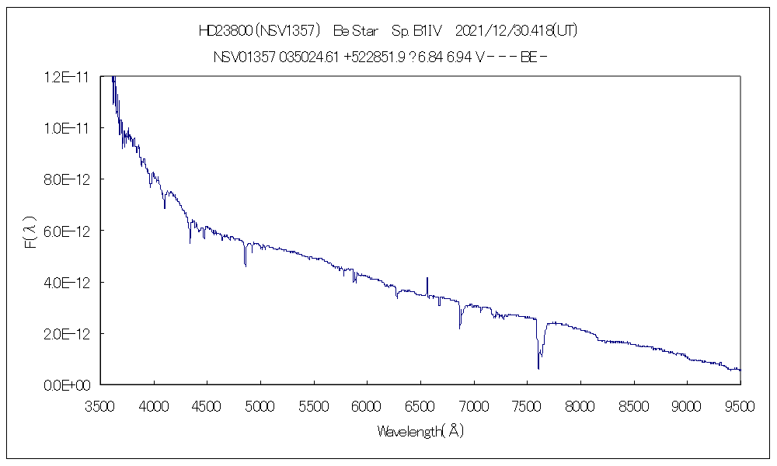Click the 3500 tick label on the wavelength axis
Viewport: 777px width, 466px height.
click(x=100, y=405)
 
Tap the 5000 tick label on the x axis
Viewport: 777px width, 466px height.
click(x=260, y=405)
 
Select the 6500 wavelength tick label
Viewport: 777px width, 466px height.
click(x=420, y=405)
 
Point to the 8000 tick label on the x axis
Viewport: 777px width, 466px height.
click(x=580, y=405)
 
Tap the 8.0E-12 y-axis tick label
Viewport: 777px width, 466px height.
click(x=68, y=179)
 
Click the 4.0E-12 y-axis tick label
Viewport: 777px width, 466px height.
click(x=68, y=282)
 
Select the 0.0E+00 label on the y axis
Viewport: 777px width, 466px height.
click(x=69, y=384)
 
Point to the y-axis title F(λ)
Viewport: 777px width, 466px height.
click(x=30, y=231)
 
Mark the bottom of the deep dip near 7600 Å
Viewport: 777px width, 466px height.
click(x=538, y=367)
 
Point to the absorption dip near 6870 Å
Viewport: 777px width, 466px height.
click(x=460, y=327)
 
